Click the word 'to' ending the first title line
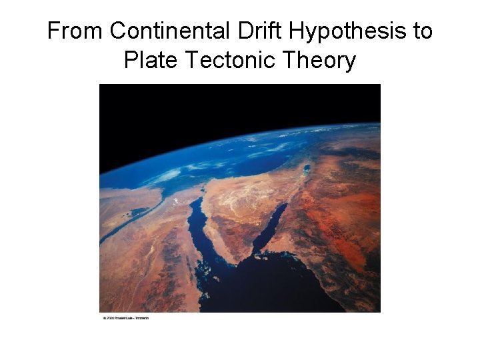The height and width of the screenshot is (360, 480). [423, 31]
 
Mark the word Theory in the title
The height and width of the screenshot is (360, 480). [319, 61]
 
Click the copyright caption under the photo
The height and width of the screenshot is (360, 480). [125, 318]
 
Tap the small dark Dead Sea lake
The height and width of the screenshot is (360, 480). [306, 169]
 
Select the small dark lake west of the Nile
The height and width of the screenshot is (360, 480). [132, 211]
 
